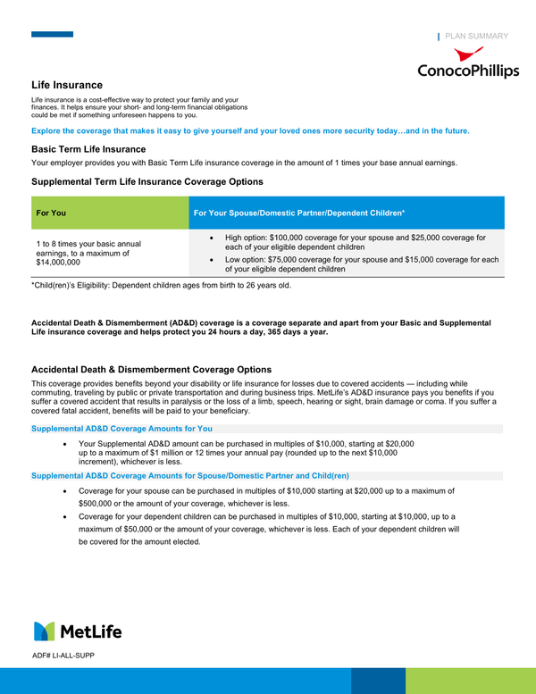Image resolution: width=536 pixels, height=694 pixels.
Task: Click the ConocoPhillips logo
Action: tap(467, 63)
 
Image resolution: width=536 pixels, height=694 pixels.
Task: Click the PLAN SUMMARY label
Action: tap(476, 37)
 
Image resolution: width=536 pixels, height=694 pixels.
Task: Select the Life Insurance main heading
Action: tap(67, 84)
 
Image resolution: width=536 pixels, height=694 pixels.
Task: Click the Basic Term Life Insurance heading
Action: tap(88, 149)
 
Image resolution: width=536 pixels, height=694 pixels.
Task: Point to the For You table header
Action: tap(51, 213)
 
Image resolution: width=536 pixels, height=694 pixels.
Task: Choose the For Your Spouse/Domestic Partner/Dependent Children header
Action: tap(299, 213)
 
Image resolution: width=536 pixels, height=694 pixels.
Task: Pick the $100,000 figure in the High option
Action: tap(300, 238)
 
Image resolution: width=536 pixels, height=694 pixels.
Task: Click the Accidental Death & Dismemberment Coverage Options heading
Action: tap(151, 370)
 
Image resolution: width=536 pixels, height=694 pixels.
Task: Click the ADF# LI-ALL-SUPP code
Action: tap(63, 656)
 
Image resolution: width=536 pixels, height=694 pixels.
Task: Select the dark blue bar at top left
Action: tap(52, 35)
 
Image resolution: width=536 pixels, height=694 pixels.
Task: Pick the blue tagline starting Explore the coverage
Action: tap(250, 130)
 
